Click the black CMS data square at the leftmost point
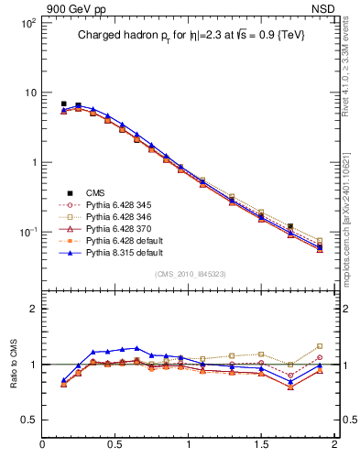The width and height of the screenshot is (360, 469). pos(63,104)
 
